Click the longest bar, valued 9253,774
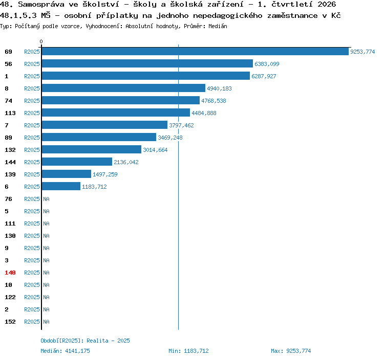coord(195,51)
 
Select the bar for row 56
coord(147,63)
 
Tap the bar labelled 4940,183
coord(123,88)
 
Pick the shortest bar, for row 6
coord(61,186)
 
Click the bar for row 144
coord(77,162)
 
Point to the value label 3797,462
coord(181,125)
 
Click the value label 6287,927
coord(264,76)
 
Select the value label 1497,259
coord(105,174)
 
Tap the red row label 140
coord(10,273)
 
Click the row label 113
coord(10,113)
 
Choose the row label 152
coord(10,322)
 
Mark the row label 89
coord(8,138)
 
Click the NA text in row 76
coord(46,199)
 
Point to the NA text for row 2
coord(46,309)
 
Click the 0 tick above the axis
coord(41,41)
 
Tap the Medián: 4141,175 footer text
coord(65,351)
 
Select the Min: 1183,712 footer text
coord(188,351)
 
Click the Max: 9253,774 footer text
coord(291,351)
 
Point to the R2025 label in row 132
coord(32,150)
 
